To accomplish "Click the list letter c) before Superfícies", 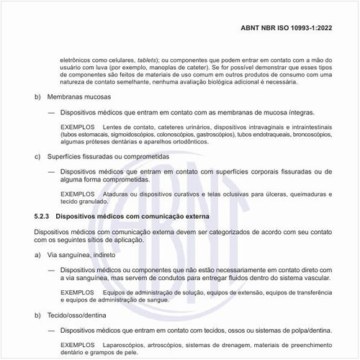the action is (38, 156).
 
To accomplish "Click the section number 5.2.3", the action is (42, 217).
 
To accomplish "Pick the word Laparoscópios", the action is (123, 346).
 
